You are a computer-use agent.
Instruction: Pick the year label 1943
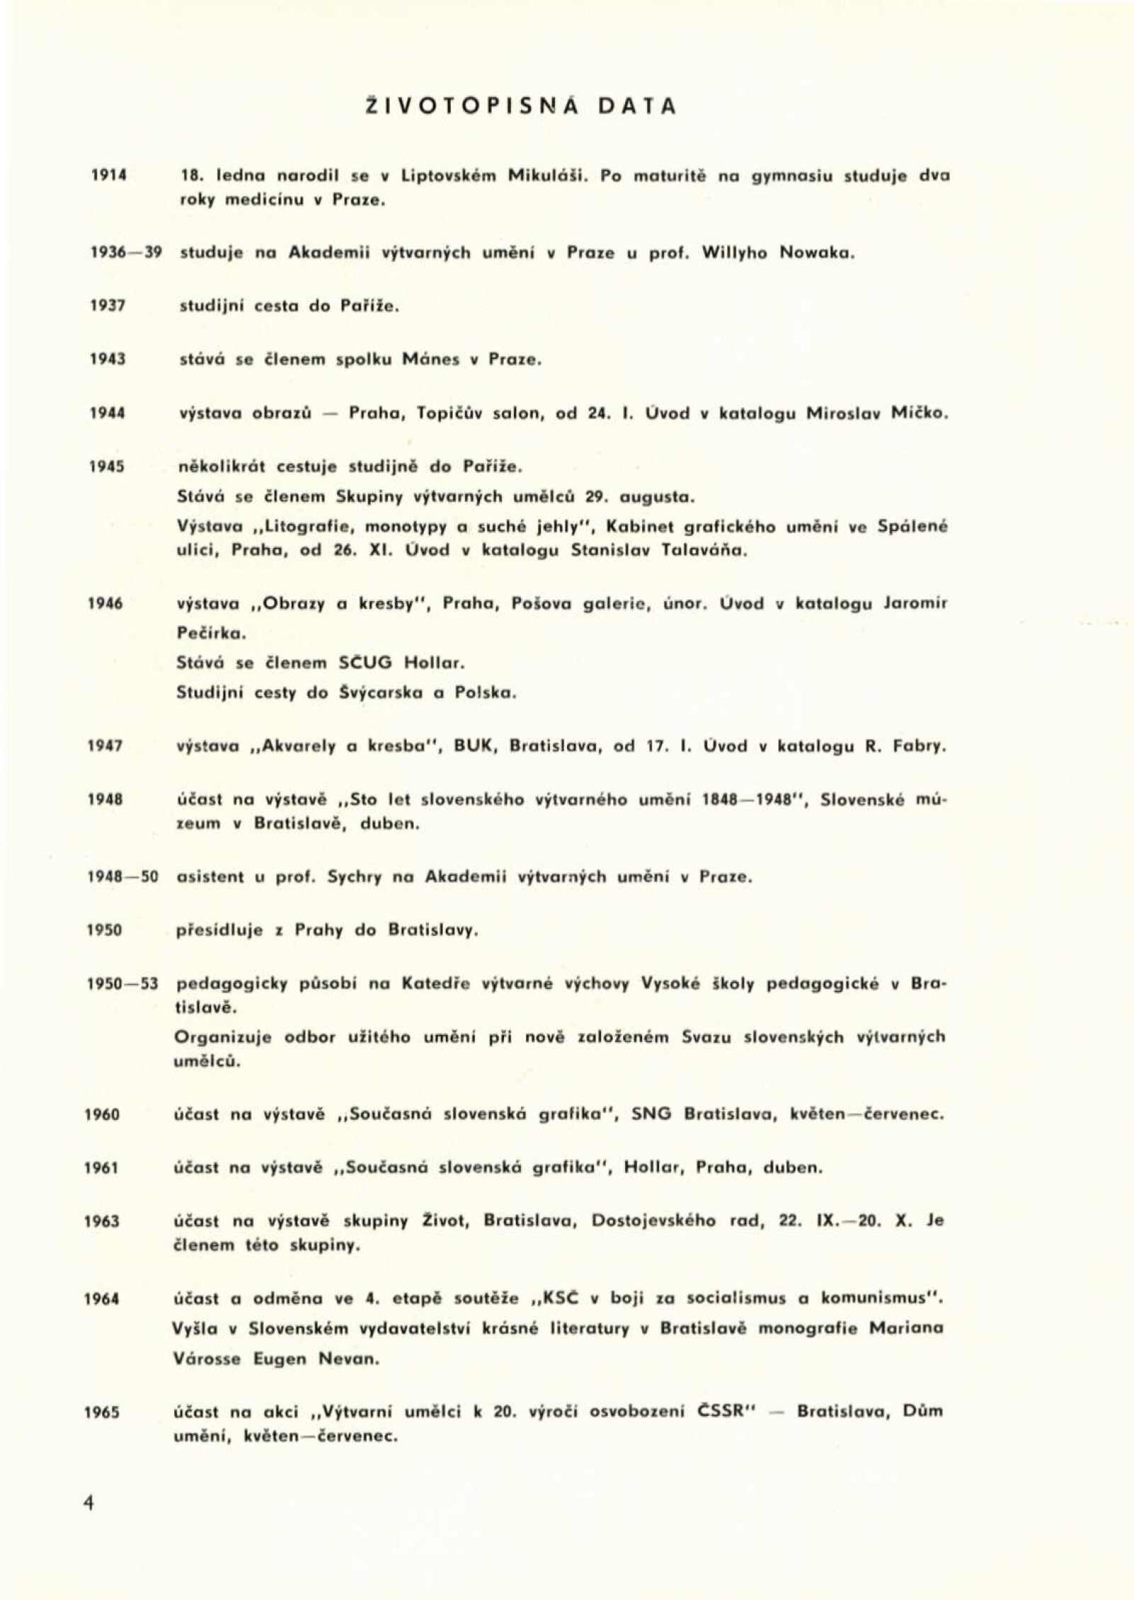108,359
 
